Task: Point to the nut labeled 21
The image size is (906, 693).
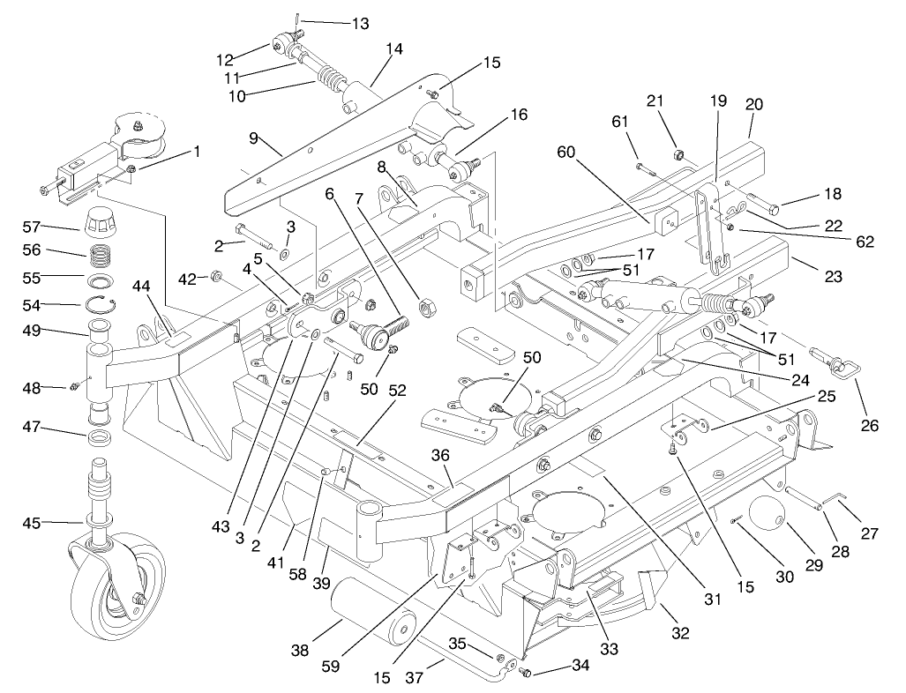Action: tap(678, 155)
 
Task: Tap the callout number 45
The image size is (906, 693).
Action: tap(33, 524)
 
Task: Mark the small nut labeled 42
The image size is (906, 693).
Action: tap(214, 279)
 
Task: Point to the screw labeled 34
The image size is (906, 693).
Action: tap(528, 673)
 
